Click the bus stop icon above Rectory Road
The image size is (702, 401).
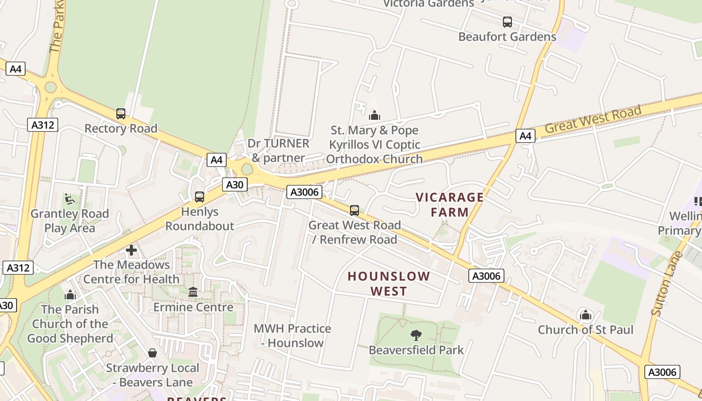121,114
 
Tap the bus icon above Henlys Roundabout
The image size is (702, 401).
200,197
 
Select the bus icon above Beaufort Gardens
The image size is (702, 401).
507,22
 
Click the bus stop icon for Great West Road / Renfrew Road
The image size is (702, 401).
355,210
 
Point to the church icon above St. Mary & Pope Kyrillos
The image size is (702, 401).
375,116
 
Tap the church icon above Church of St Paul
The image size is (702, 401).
585,315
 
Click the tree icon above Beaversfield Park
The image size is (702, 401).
416,335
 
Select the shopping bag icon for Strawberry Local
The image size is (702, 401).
152,353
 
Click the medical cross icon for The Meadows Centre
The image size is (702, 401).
131,250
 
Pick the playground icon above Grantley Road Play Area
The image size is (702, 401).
70,199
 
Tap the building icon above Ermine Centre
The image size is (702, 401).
193,292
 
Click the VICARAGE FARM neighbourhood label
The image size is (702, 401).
450,205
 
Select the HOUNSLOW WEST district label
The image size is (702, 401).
389,283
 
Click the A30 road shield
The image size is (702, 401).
234,184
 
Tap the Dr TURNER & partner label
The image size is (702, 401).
278,150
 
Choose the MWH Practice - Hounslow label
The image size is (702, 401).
292,336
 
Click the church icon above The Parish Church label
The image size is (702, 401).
70,295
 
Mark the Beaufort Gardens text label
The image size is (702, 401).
507,37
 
